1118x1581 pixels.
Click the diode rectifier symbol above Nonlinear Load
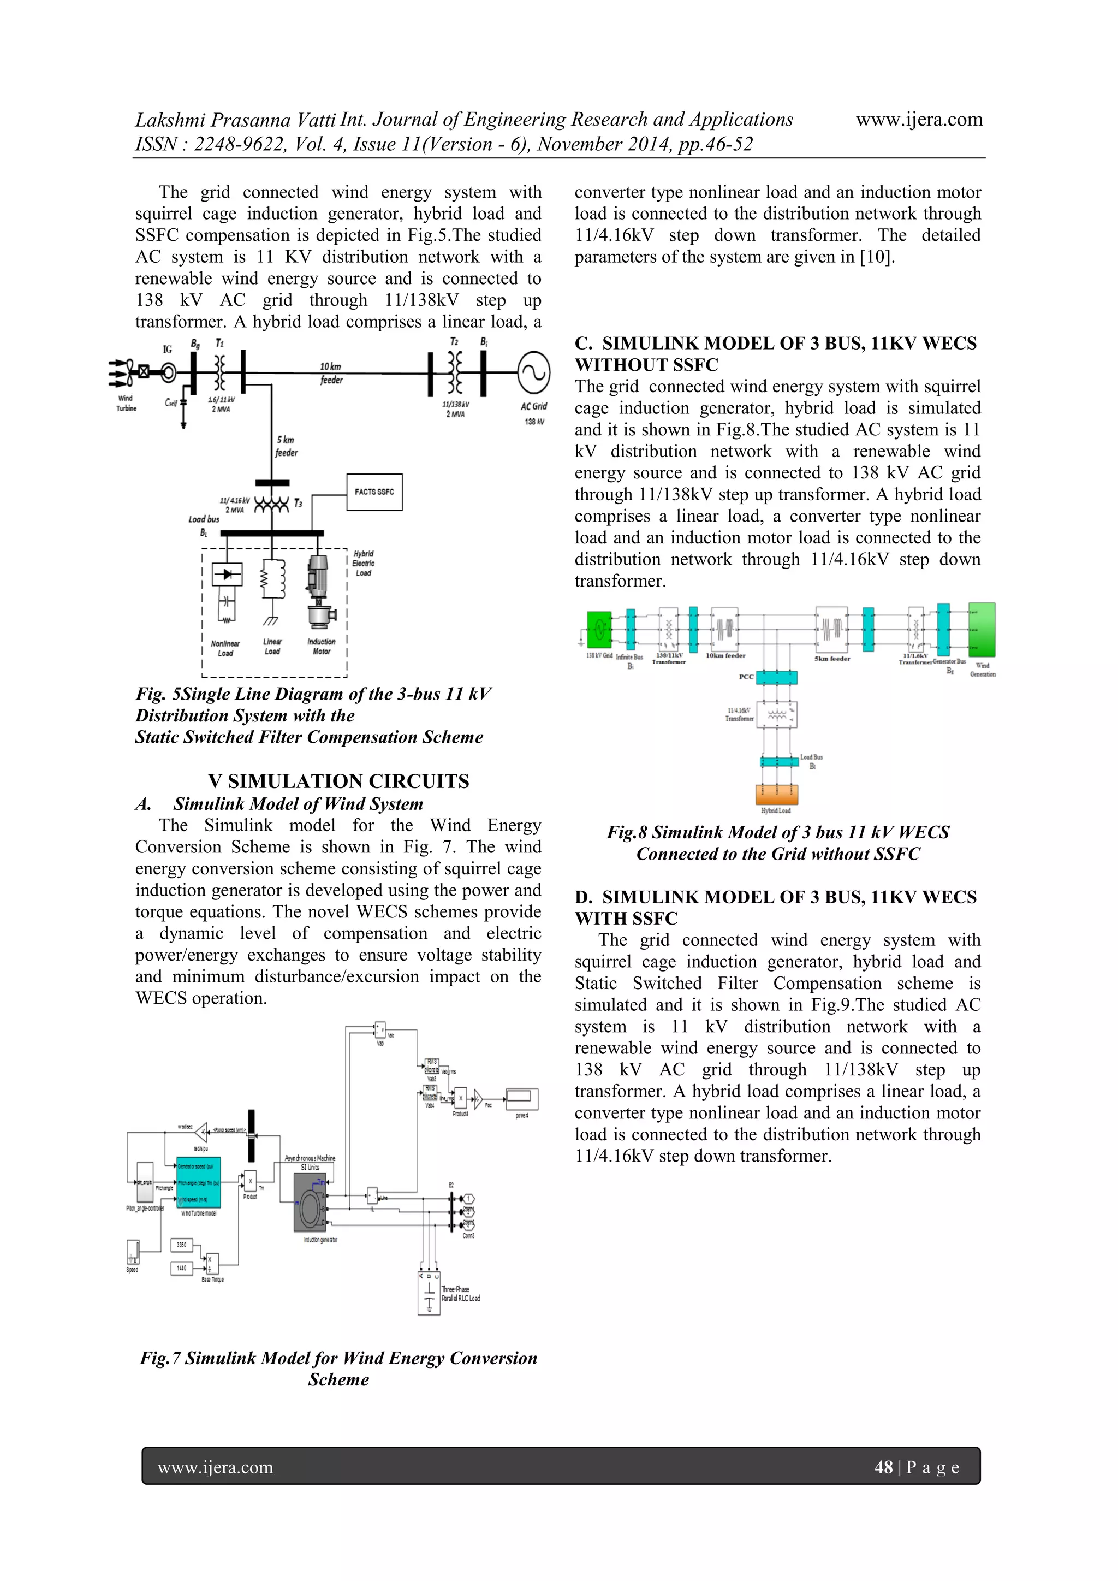click(x=227, y=573)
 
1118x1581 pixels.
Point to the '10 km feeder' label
click(x=331, y=373)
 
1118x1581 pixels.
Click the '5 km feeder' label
click(x=287, y=446)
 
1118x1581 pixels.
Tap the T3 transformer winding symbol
click(x=271, y=505)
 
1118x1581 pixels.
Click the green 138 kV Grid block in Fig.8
click(x=599, y=629)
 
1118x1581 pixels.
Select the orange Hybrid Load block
click(x=777, y=794)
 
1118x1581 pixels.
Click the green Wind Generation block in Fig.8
click(x=981, y=629)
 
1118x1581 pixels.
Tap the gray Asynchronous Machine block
click(x=309, y=1203)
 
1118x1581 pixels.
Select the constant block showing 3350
click(x=182, y=1245)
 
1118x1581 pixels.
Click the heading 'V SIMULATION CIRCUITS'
click(x=338, y=781)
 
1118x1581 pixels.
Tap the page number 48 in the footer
click(x=883, y=1467)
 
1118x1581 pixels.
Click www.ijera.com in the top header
click(x=919, y=120)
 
